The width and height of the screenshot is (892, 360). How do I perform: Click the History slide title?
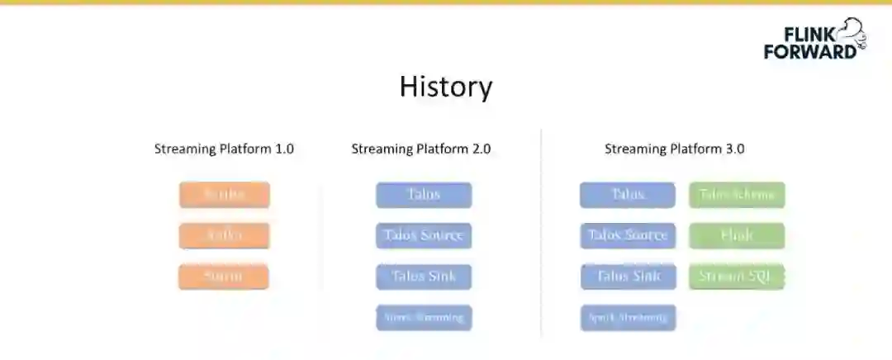(x=446, y=87)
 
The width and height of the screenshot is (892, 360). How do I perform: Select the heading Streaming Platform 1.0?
(x=224, y=149)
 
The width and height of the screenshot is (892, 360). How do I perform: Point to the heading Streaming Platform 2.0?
(x=421, y=149)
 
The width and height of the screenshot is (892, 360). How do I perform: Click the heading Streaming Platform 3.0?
(x=675, y=149)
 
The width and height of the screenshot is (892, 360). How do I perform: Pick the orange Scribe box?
(x=224, y=195)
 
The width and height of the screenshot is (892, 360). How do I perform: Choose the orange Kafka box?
(x=224, y=235)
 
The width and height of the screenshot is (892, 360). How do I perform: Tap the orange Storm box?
(x=224, y=276)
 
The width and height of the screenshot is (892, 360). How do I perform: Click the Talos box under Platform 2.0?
(x=424, y=195)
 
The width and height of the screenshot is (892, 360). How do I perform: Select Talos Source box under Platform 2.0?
(x=424, y=235)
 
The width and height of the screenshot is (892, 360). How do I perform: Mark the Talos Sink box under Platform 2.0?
(x=424, y=276)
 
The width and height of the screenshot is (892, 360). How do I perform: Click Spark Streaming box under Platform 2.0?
(x=424, y=317)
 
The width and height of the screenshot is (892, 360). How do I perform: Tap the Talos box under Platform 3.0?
(x=628, y=195)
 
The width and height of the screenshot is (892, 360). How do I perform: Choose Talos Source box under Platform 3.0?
(x=628, y=235)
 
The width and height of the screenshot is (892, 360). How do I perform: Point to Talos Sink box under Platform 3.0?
(x=628, y=276)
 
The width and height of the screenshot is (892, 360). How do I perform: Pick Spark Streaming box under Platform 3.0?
(x=628, y=317)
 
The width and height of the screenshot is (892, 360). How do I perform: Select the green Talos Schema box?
(x=737, y=195)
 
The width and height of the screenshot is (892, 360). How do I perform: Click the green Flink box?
(x=737, y=235)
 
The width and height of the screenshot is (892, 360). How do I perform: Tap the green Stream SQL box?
(x=737, y=276)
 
